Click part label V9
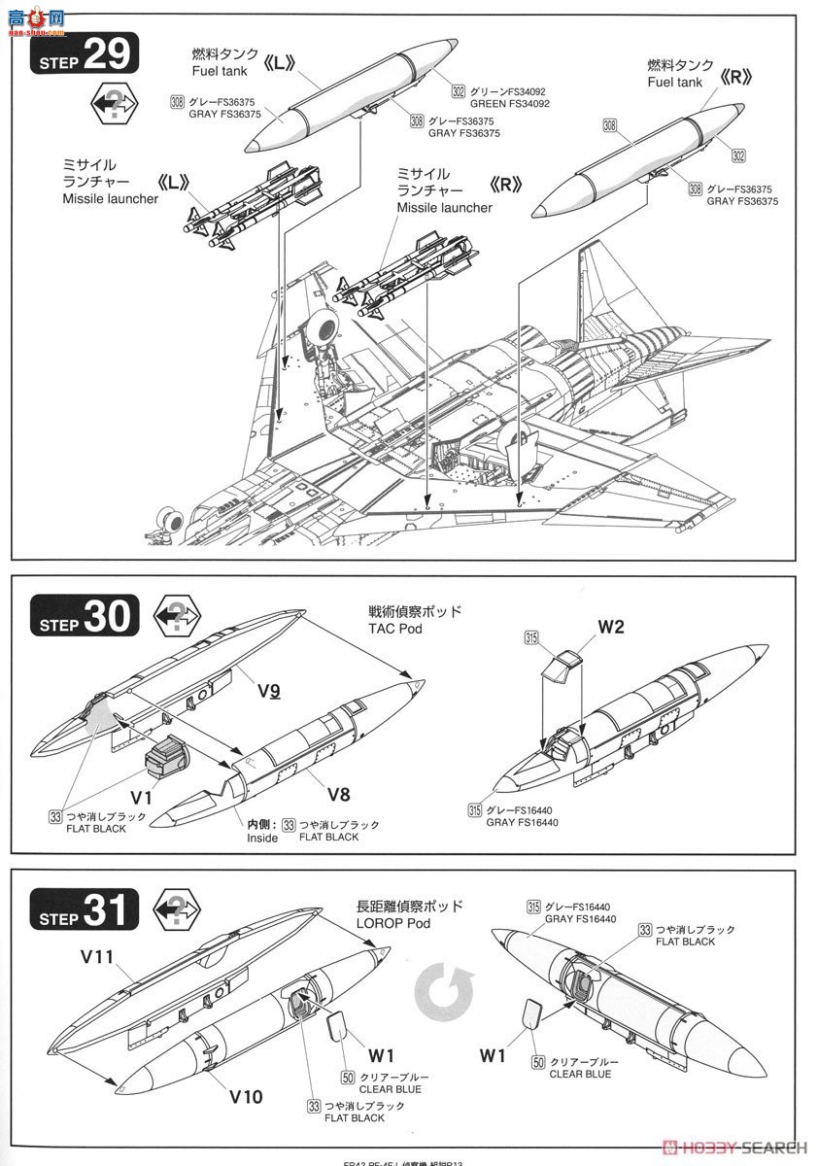(269, 692)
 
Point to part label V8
(337, 794)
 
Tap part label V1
(142, 796)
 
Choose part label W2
(610, 627)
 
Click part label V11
(97, 957)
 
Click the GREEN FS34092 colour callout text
(510, 104)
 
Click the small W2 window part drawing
(563, 668)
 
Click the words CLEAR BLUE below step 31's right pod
(580, 1074)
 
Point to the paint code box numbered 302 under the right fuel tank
(738, 155)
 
